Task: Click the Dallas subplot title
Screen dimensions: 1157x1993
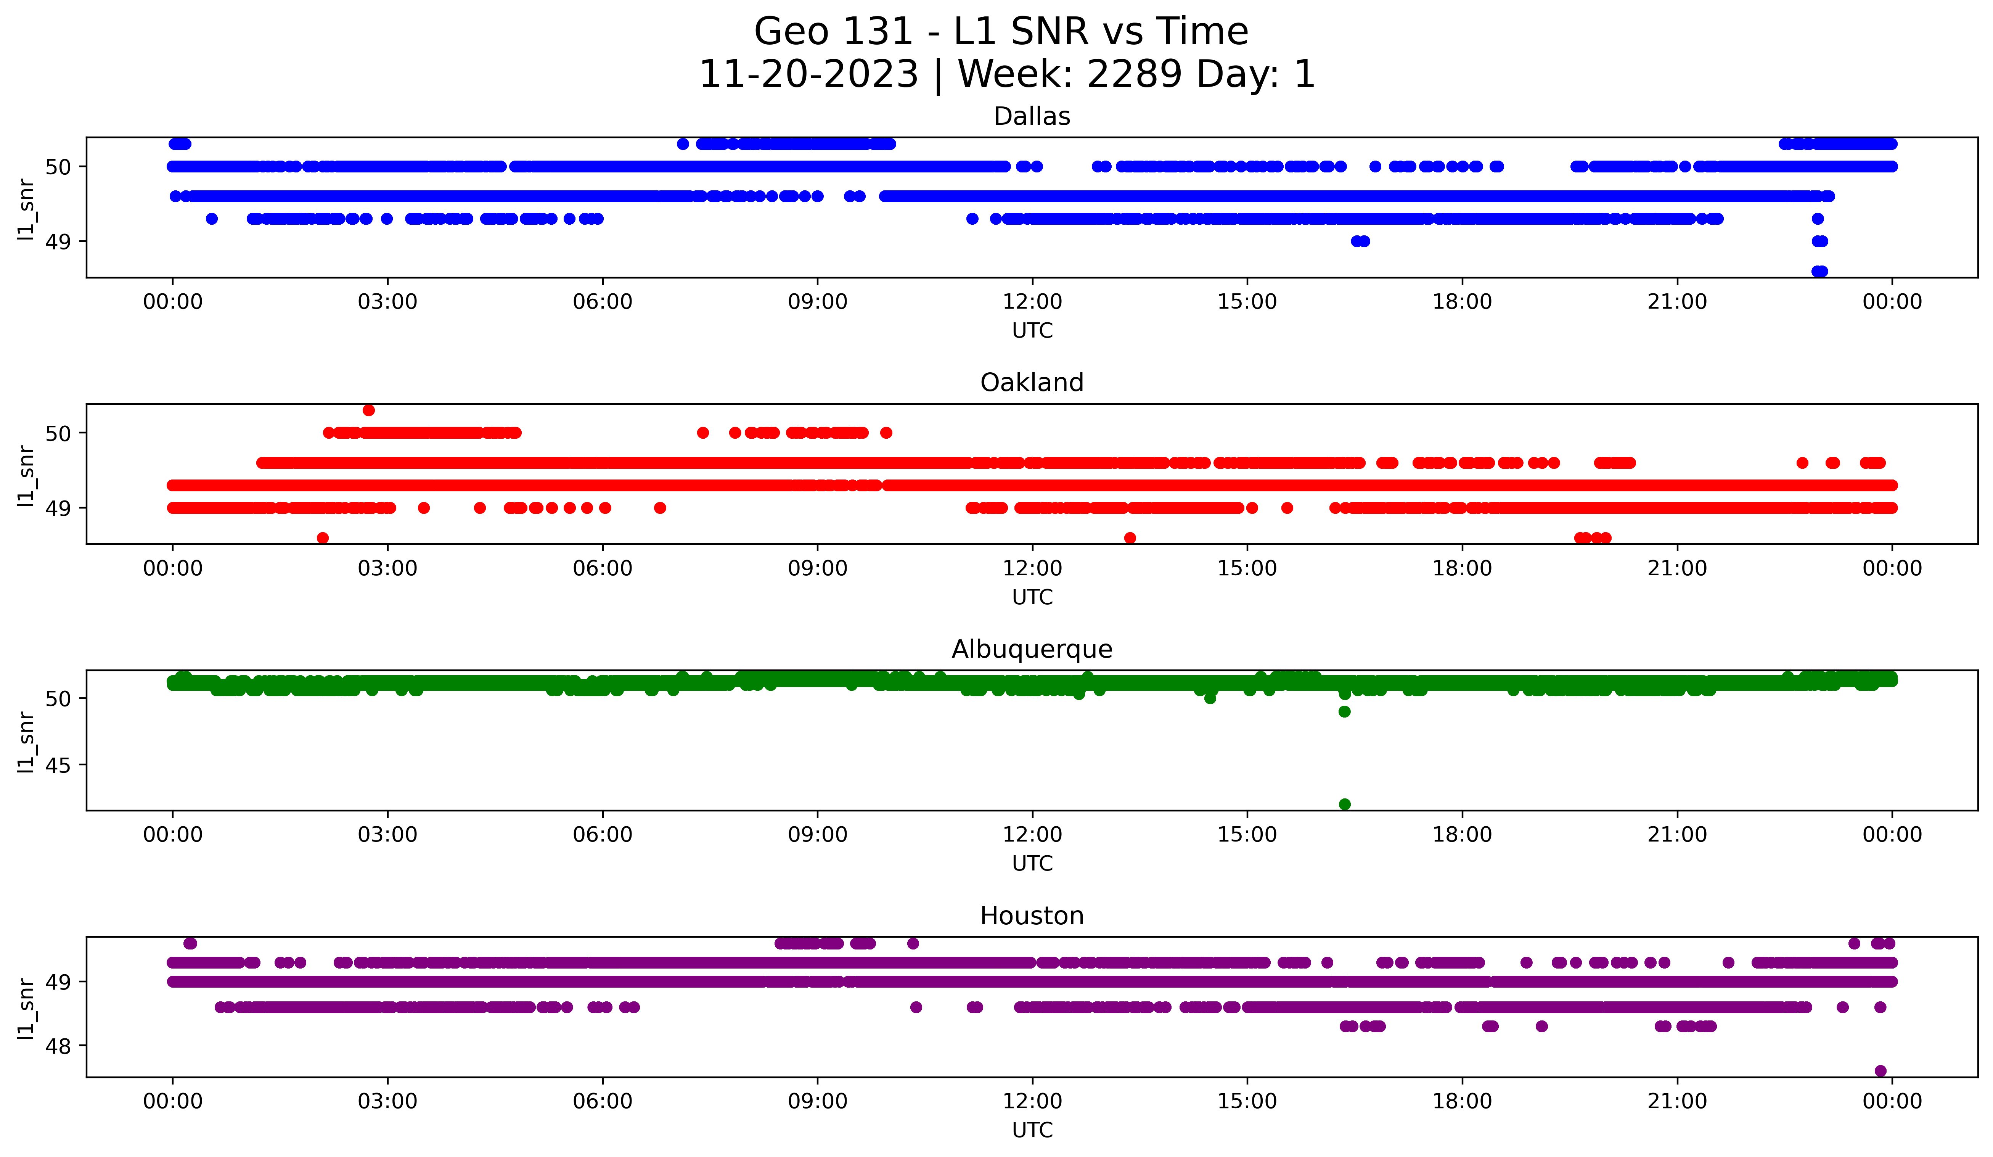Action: pyautogui.click(x=1031, y=116)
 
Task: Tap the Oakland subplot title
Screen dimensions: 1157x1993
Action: pyautogui.click(x=1031, y=383)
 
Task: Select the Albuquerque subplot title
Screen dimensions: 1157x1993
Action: pyautogui.click(x=1031, y=649)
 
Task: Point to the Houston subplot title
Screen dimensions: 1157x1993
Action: pyautogui.click(x=1031, y=916)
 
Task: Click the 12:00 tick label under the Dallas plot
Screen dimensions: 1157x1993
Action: pyautogui.click(x=1032, y=302)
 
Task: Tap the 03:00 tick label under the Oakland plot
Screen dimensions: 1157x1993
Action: pyautogui.click(x=387, y=569)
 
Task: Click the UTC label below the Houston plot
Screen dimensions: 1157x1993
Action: pyautogui.click(x=1032, y=1130)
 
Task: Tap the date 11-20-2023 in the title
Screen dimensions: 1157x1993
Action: pyautogui.click(x=808, y=74)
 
